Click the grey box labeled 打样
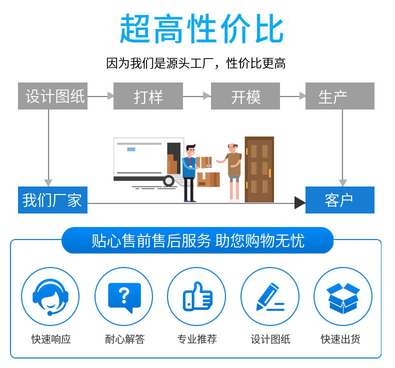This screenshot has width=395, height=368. coord(148,96)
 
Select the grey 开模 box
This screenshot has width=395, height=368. coord(245,96)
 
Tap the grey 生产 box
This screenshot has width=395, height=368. coord(340,96)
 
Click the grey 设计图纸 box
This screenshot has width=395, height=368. coord(52,96)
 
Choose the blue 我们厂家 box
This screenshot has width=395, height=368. coord(52,200)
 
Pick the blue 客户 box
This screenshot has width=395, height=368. coord(340,200)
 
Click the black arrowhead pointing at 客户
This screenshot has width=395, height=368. coord(300,203)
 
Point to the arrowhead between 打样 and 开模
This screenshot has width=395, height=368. coord(207,96)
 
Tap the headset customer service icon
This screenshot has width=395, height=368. coord(50,296)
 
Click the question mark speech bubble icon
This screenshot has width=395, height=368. coord(124,297)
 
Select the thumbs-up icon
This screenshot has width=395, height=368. coord(197,296)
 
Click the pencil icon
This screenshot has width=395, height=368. coord(270,297)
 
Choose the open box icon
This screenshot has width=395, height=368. coord(343,298)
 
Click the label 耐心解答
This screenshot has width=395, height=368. coord(125,339)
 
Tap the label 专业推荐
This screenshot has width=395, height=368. coord(197,339)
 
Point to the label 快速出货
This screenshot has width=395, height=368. coord(340,339)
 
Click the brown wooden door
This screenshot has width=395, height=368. coord(259,169)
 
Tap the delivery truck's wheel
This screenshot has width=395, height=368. coord(168,181)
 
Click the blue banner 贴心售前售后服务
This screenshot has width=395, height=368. coord(197,240)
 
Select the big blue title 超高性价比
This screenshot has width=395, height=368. coord(201,28)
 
